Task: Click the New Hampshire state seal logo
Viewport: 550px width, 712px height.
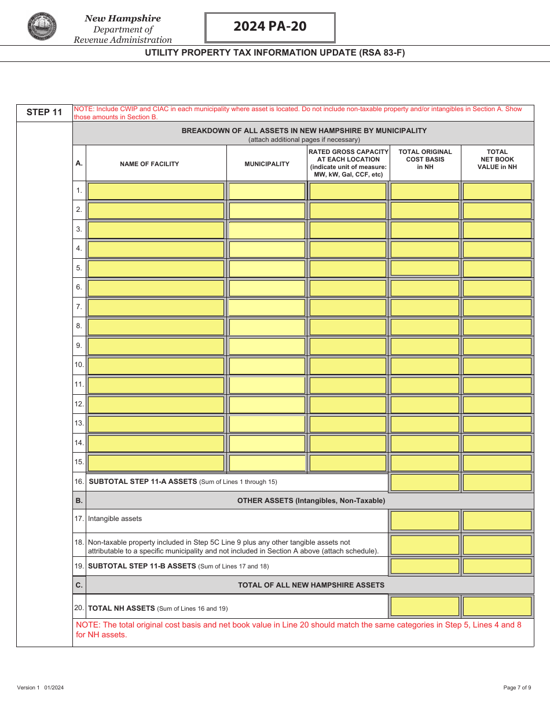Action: pos(42,27)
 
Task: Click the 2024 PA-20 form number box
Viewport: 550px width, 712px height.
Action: pos(270,27)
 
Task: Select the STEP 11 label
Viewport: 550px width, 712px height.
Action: pos(44,112)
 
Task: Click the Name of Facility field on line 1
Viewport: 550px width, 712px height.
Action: pos(156,191)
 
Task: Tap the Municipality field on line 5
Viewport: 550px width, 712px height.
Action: pos(267,269)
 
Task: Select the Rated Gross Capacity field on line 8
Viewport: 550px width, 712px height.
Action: pos(347,326)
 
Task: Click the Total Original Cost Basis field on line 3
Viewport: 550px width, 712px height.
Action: pos(425,230)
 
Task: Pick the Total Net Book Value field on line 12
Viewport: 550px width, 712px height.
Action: pos(497,404)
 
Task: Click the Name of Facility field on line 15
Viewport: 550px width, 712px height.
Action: pos(156,463)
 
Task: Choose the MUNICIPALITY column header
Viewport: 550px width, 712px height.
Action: pos(267,164)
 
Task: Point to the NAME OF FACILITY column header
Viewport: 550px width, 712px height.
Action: pos(149,164)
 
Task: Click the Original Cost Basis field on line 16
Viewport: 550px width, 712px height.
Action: pos(425,482)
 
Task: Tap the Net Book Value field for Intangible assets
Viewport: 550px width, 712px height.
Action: pos(497,520)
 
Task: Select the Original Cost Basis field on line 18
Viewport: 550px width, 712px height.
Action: pos(425,545)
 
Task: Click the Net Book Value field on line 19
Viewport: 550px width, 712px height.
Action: pos(497,566)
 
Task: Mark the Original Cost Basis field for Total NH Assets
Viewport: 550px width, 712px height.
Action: pos(425,606)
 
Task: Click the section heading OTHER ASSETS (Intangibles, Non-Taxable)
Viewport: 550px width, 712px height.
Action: pos(311,501)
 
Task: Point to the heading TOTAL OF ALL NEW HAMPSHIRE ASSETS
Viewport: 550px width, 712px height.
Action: pos(311,585)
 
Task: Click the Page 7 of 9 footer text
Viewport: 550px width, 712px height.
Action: pos(516,688)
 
